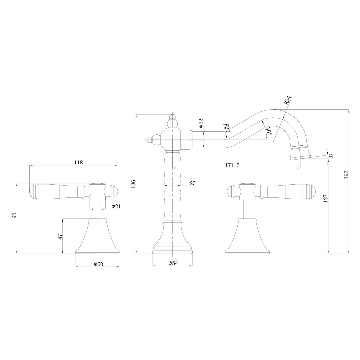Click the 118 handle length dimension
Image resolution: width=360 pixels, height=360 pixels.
[x=78, y=162]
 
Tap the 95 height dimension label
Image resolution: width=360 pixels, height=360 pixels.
[x=14, y=215]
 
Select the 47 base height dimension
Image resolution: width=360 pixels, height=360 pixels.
[x=60, y=237]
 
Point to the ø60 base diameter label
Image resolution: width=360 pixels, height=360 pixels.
[x=98, y=264]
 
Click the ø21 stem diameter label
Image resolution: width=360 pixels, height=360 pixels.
[x=116, y=206]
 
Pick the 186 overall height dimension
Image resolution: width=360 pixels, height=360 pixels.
[x=134, y=184]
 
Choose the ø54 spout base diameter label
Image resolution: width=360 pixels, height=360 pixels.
[x=173, y=263]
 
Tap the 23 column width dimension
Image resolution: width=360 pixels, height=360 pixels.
[x=193, y=183]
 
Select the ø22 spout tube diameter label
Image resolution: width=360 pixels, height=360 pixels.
[x=201, y=123]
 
